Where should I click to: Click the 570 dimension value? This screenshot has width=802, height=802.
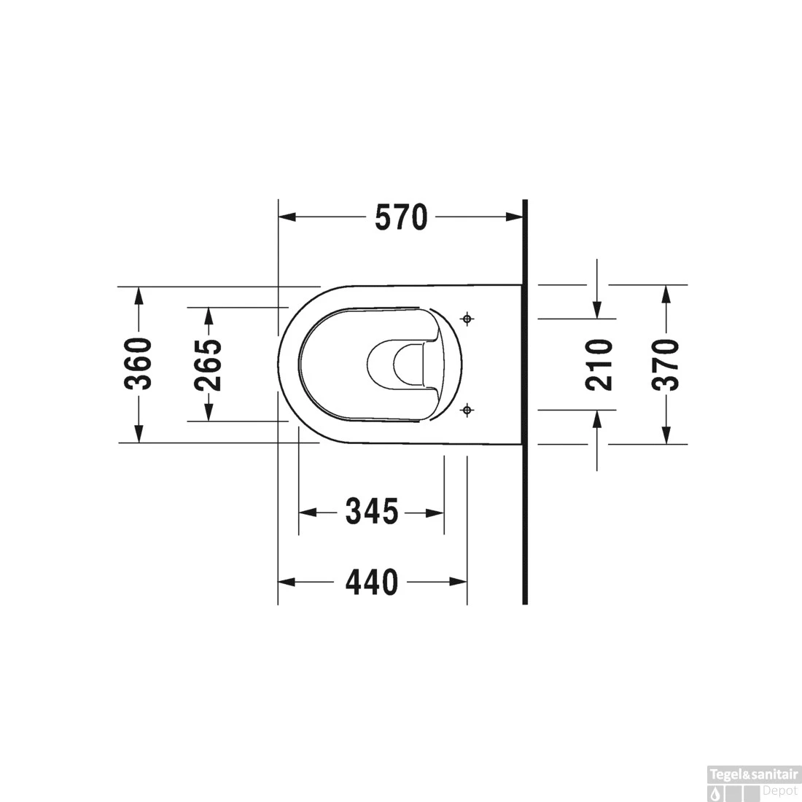pyautogui.click(x=401, y=217)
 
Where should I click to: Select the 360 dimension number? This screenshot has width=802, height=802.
pyautogui.click(x=139, y=364)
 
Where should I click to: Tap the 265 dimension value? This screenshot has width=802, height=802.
pyautogui.click(x=209, y=364)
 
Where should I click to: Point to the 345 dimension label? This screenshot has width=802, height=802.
pyautogui.click(x=372, y=512)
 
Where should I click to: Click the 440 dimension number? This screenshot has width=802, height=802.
pyautogui.click(x=372, y=582)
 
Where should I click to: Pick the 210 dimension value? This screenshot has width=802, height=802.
pyautogui.click(x=599, y=365)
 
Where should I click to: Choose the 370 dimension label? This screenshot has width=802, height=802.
pyautogui.click(x=666, y=365)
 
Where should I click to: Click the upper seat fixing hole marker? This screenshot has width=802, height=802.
pyautogui.click(x=467, y=319)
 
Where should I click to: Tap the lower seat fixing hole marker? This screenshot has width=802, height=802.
pyautogui.click(x=467, y=410)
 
